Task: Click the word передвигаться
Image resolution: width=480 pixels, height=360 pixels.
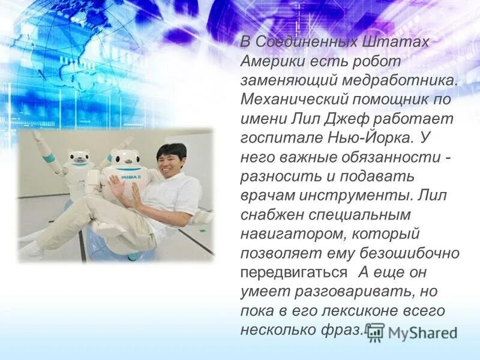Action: coord(293,271)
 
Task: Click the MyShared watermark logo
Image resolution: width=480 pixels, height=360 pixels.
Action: coord(413,332)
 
